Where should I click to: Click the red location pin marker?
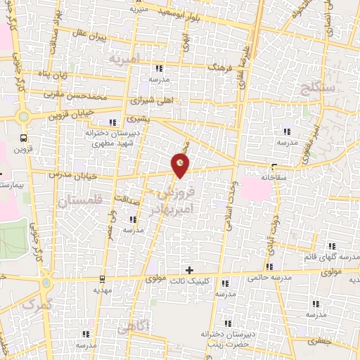(x=181, y=164)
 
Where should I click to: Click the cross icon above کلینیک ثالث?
(x=188, y=269)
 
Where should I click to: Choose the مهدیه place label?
(x=103, y=290)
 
